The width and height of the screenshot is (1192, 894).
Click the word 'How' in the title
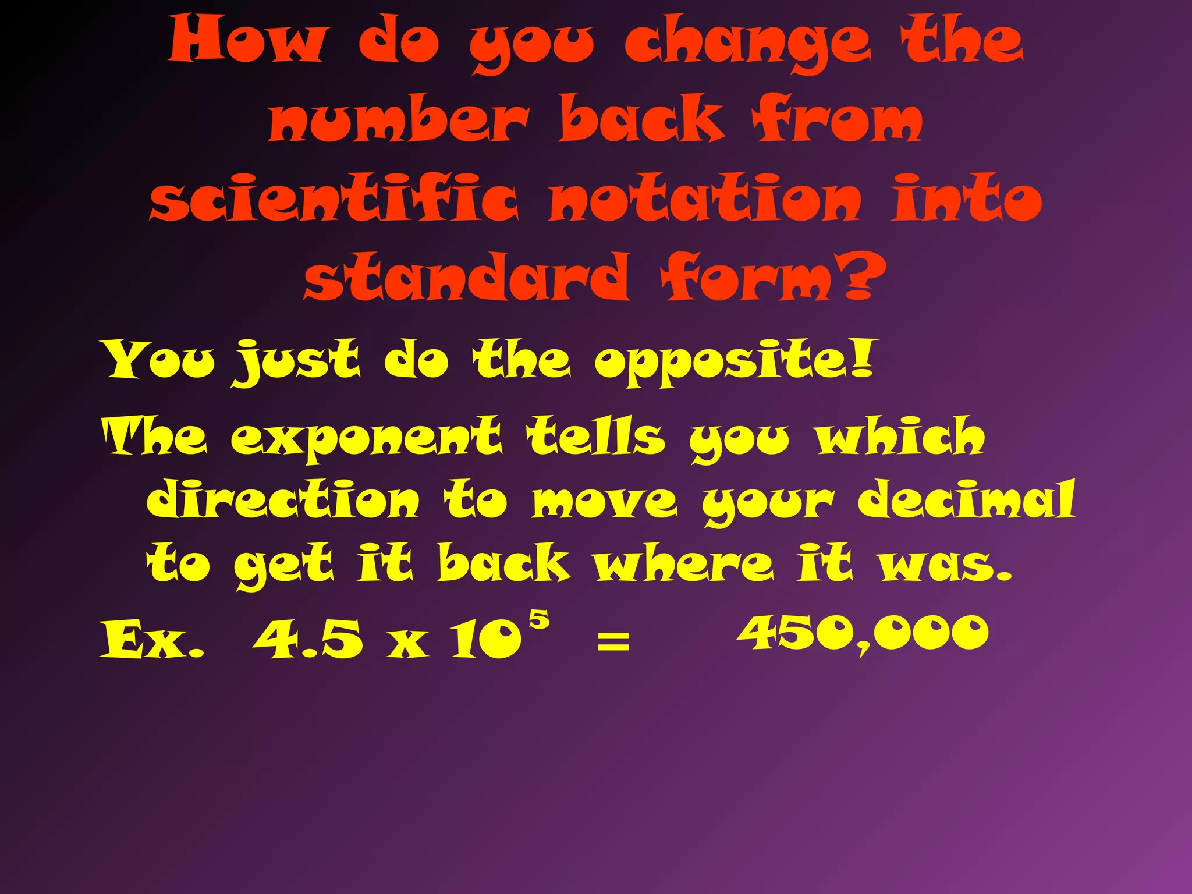click(246, 40)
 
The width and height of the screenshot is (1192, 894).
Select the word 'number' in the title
click(399, 119)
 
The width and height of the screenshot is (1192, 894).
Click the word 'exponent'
click(366, 438)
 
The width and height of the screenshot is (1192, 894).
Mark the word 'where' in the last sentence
click(684, 563)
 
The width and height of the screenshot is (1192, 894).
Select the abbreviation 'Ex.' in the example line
click(152, 639)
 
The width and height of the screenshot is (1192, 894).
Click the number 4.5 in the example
click(308, 638)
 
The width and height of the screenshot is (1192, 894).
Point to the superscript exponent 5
click(540, 619)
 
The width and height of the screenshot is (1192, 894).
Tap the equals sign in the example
click(613, 643)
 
